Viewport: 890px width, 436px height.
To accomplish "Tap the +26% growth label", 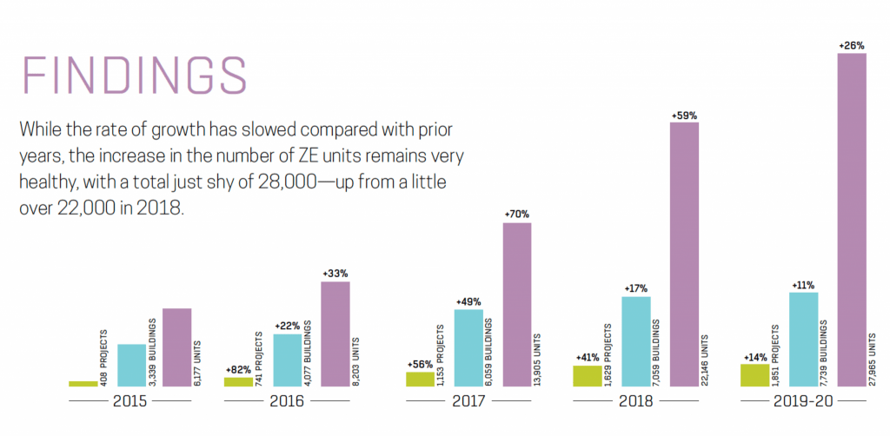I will pyautogui.click(x=851, y=45).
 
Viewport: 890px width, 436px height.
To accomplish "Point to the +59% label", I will pyautogui.click(x=684, y=115).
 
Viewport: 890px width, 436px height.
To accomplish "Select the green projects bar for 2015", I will pyautogui.click(x=83, y=383).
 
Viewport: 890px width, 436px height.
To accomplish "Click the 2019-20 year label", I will pyautogui.click(x=802, y=402).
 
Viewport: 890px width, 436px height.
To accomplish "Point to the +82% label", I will pyautogui.click(x=238, y=368).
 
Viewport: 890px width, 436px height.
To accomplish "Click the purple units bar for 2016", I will pyautogui.click(x=335, y=334).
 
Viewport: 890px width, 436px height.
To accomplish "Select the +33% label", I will pyautogui.click(x=335, y=273).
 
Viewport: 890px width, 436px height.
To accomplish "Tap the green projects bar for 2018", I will pyautogui.click(x=587, y=375).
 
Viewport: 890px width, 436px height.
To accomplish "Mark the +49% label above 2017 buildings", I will pyautogui.click(x=468, y=301).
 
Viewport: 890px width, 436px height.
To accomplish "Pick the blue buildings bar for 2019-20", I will pyautogui.click(x=802, y=340).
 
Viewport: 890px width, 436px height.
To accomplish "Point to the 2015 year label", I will pyautogui.click(x=129, y=402).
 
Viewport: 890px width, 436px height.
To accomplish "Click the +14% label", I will pyautogui.click(x=754, y=355).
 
